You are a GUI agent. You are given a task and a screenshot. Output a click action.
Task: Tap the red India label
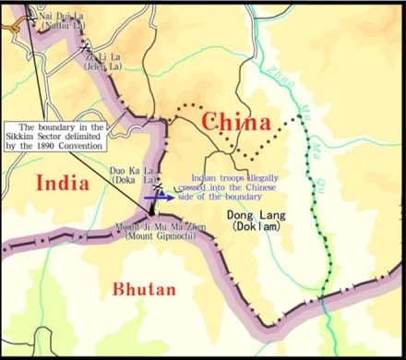coord(62,183)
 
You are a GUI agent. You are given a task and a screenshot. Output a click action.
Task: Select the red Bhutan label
coord(143,289)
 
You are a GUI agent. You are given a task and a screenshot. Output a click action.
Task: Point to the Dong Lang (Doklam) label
coord(255,221)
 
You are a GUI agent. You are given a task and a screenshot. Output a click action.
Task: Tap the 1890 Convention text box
coord(57,136)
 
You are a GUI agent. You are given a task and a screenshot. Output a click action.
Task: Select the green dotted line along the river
coord(322,222)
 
